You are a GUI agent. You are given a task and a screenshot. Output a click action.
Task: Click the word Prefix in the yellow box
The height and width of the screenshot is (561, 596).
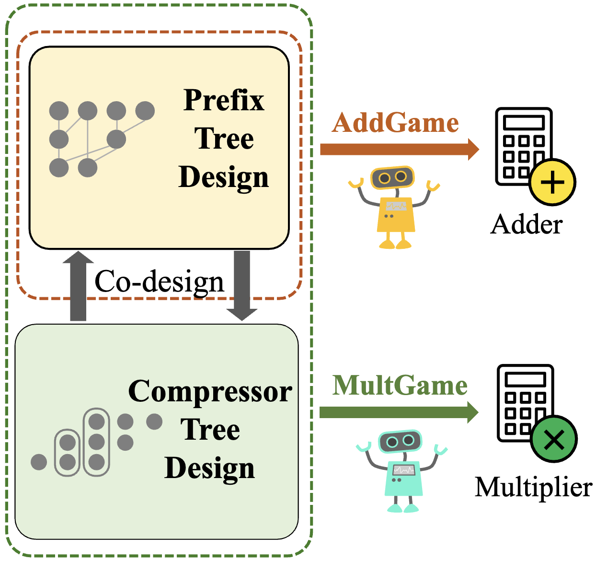point(224,100)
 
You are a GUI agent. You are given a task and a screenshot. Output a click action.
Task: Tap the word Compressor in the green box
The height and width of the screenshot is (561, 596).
point(210,392)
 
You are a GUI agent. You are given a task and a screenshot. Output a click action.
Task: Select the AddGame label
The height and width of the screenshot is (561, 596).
point(395,123)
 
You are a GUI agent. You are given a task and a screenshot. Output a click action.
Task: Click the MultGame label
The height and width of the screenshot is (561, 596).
point(400,386)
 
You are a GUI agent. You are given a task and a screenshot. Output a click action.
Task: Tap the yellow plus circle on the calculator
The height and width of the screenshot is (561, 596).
point(552,183)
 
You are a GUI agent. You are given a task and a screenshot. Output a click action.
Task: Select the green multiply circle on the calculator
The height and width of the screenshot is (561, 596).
point(554,439)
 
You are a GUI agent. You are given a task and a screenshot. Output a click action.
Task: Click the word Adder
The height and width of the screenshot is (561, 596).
point(527,224)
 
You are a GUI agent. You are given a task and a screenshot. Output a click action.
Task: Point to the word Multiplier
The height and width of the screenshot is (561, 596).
point(533,487)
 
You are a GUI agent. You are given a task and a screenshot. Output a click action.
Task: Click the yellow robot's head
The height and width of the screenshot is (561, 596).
point(392,177)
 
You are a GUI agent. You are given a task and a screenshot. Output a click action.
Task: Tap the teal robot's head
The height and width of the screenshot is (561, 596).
point(400,441)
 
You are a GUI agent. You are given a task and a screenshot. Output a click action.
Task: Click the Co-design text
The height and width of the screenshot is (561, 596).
point(159,281)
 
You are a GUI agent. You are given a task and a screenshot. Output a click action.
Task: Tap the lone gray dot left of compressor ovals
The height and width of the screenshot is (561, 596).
point(39,462)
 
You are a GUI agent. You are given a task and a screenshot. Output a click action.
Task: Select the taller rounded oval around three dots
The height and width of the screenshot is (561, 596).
point(96,441)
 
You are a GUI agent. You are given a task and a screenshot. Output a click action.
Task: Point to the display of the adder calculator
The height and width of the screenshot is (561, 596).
point(524,122)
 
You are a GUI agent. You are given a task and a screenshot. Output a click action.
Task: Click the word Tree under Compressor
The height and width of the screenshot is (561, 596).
point(210,430)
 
